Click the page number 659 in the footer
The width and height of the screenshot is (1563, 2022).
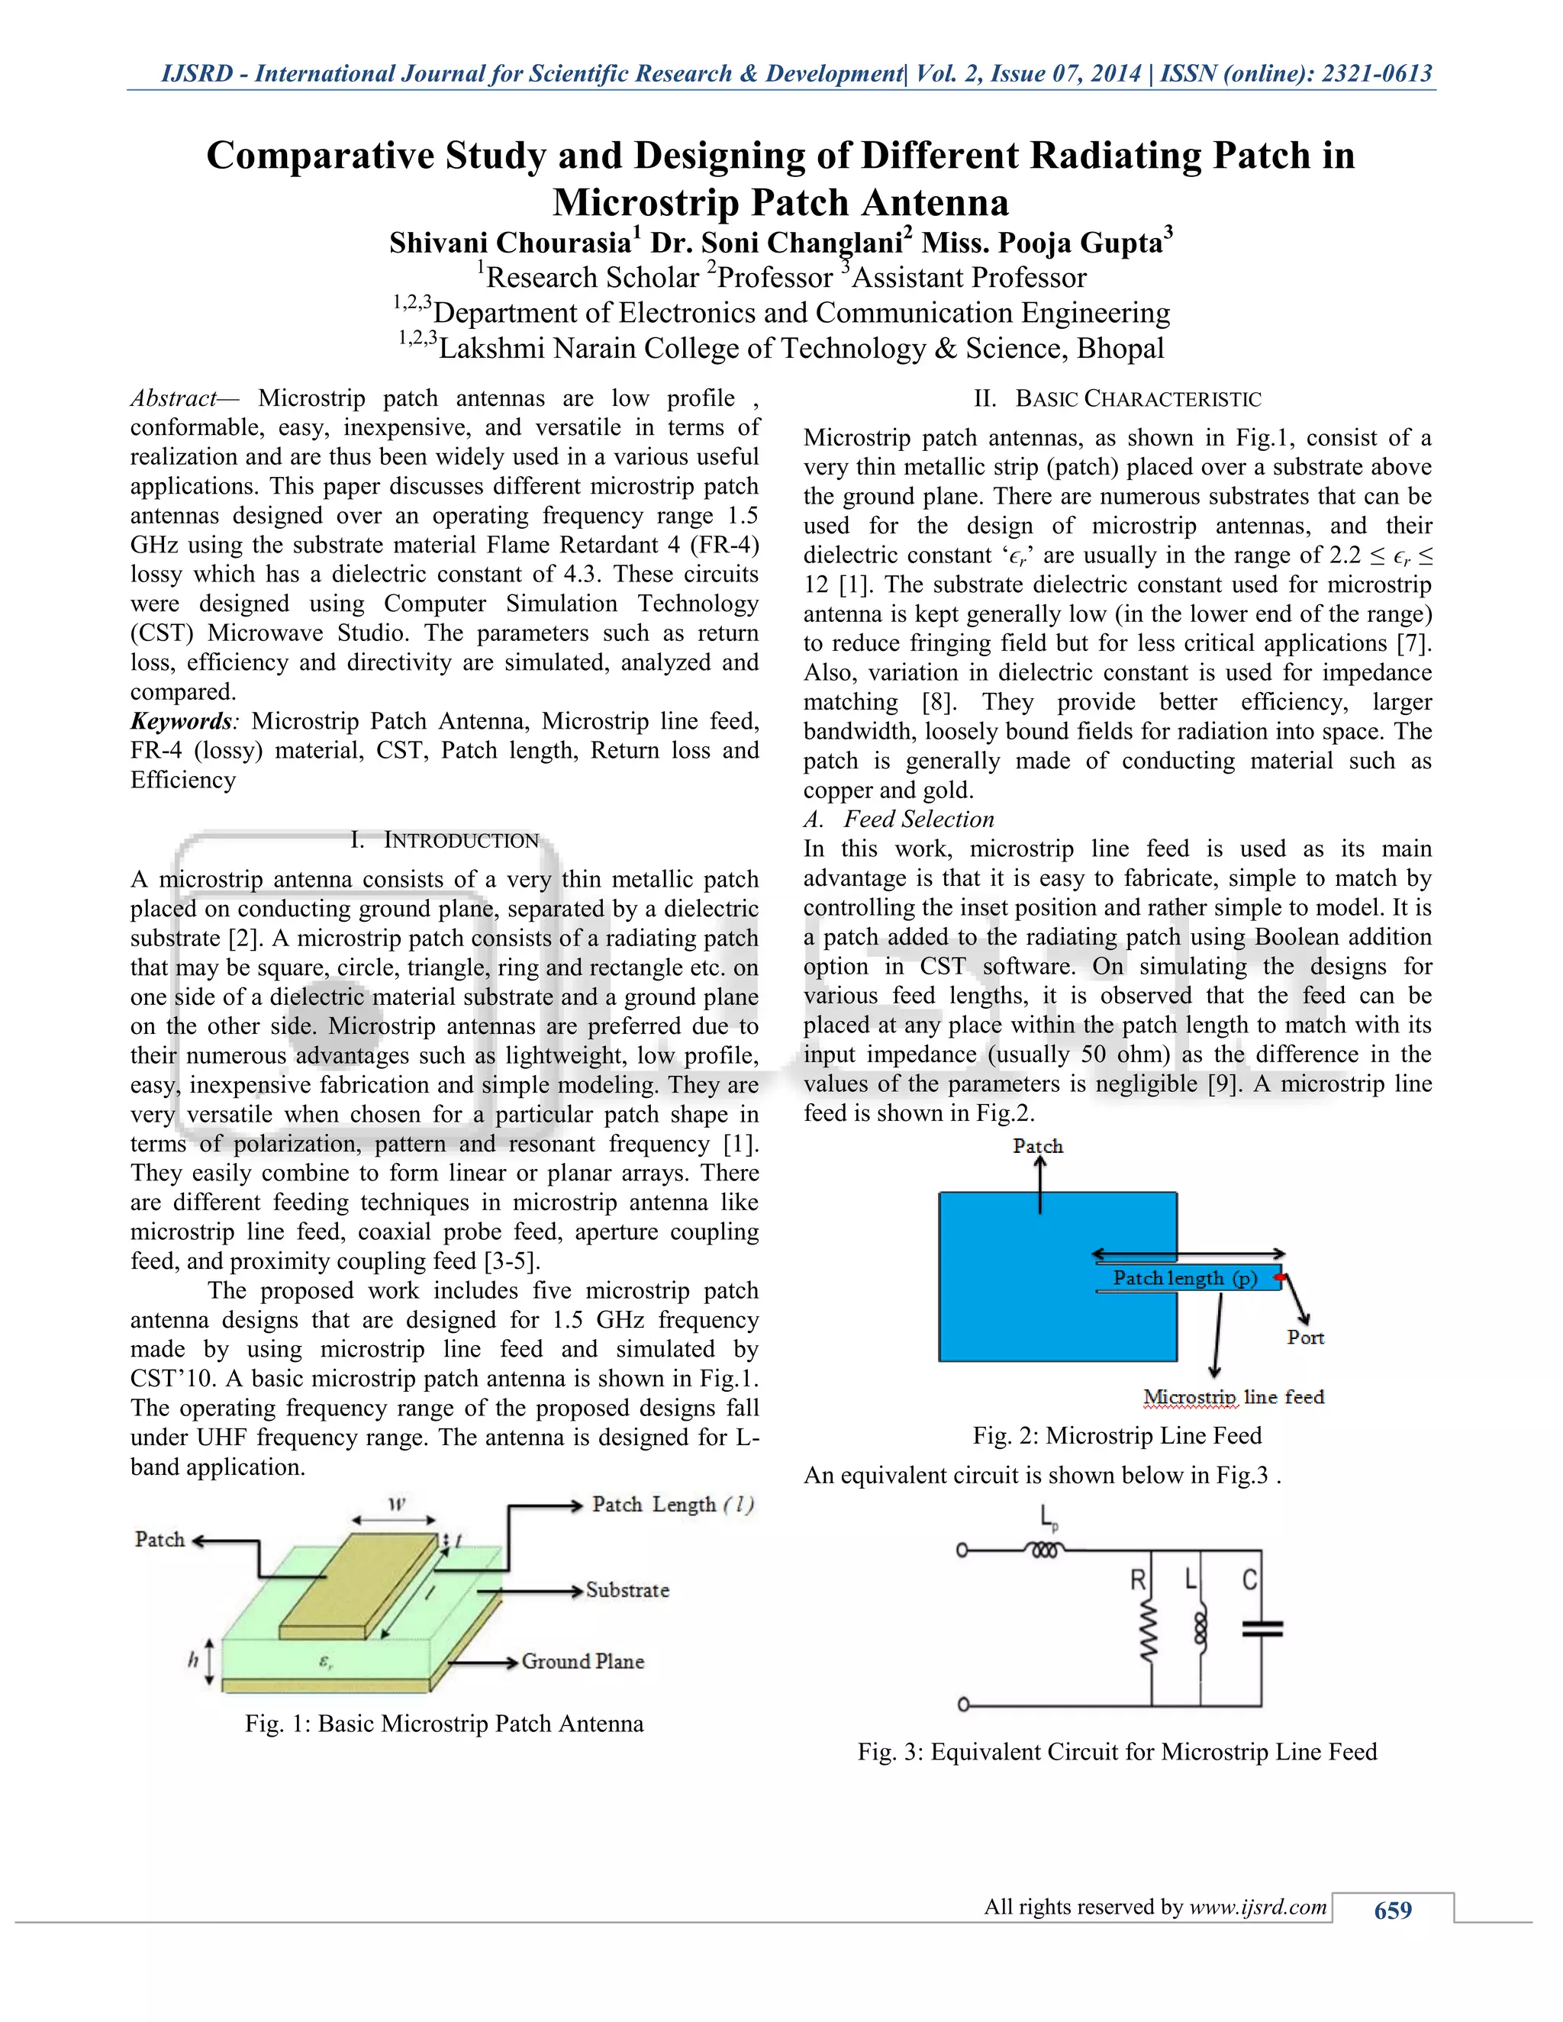coord(1393,1910)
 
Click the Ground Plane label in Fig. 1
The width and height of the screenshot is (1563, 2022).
coord(582,1661)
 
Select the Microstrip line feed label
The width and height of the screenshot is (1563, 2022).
coord(1233,1396)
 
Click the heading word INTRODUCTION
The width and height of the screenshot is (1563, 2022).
coord(461,841)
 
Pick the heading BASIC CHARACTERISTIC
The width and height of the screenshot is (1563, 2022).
coord(1138,399)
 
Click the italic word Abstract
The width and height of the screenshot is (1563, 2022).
coord(173,398)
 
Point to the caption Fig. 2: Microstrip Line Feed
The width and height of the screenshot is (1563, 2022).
coord(1117,1435)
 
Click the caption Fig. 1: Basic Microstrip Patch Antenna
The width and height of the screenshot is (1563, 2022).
coord(443,1723)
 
